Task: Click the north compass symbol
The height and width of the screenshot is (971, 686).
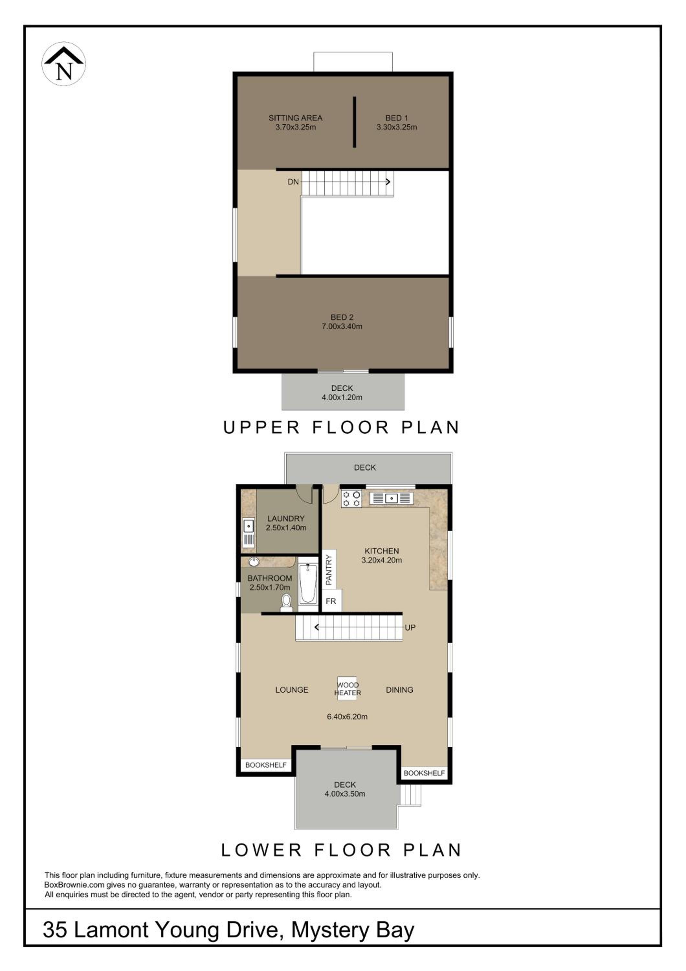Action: click(x=64, y=64)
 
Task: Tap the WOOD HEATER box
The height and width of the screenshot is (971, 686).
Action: click(x=347, y=688)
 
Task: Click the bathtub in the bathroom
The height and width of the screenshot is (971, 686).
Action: click(x=308, y=584)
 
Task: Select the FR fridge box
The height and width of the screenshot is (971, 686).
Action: click(x=331, y=601)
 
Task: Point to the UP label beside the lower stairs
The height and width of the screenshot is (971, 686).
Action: click(x=410, y=628)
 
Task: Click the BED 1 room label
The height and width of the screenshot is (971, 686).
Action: click(x=396, y=118)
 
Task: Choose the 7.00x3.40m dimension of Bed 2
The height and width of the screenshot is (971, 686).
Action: click(x=342, y=326)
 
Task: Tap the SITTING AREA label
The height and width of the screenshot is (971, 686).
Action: click(x=295, y=118)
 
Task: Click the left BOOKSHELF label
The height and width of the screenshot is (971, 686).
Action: click(x=266, y=765)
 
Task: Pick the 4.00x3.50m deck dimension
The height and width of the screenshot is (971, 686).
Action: click(x=345, y=794)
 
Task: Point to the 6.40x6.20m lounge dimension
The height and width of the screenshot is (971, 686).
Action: click(x=347, y=716)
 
